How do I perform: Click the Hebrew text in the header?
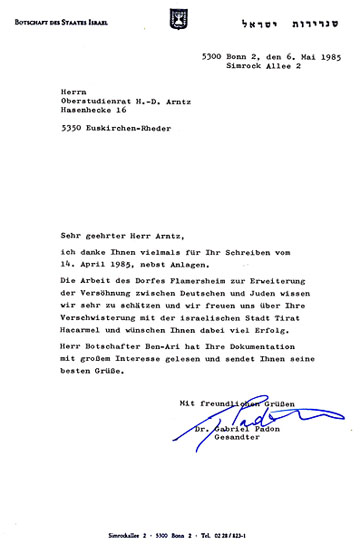coord(301,19)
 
